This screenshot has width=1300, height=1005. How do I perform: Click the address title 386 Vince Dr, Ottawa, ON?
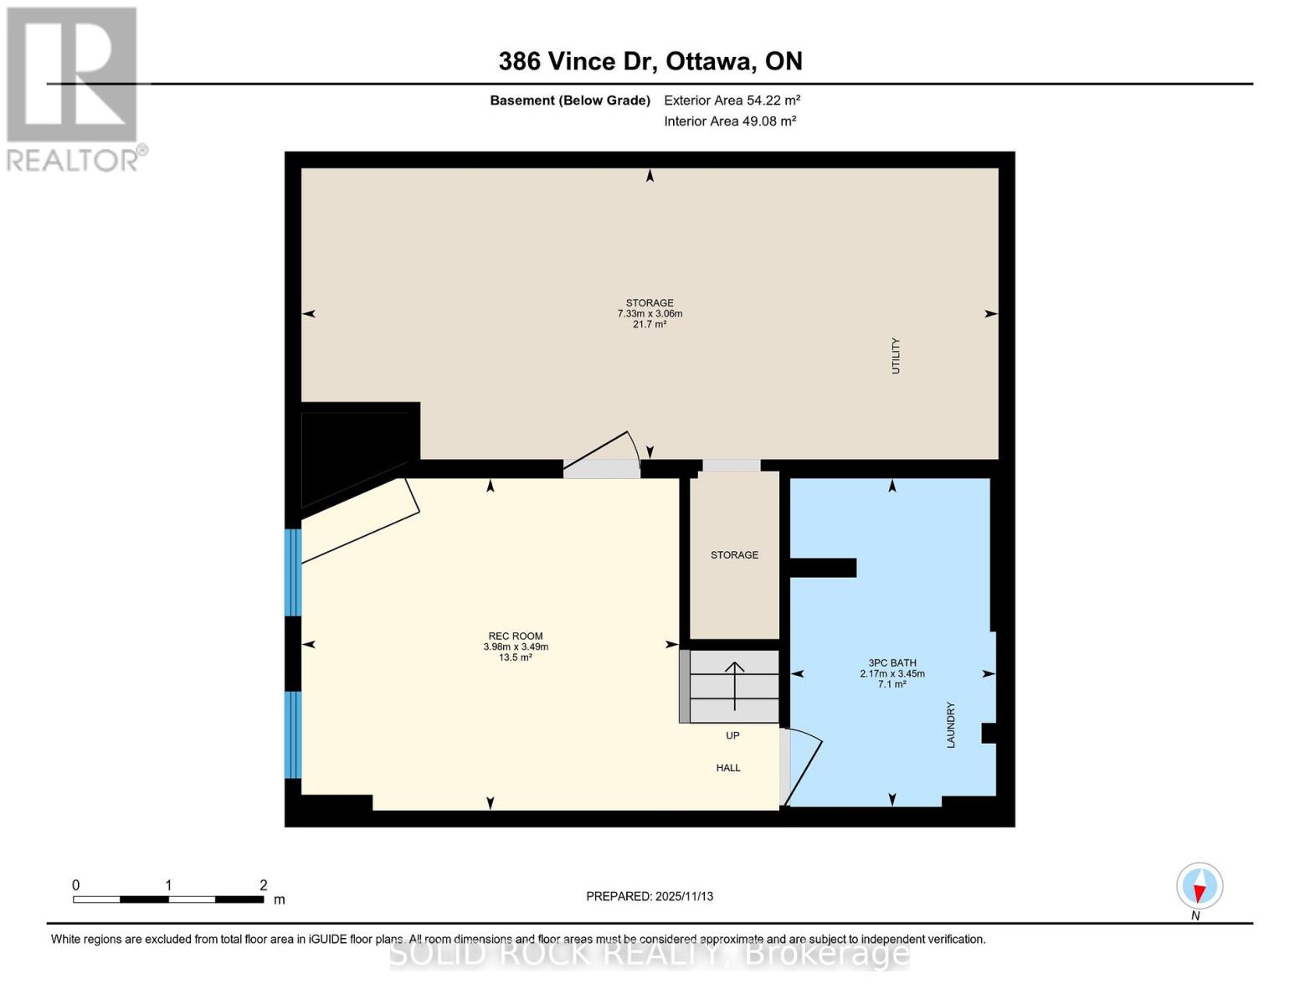click(650, 61)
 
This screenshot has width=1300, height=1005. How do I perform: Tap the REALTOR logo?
click(74, 89)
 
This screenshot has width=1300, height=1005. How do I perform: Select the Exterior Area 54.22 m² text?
click(732, 100)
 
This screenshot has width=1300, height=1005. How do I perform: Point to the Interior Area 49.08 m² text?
click(729, 121)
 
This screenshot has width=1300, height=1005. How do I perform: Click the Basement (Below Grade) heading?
click(569, 100)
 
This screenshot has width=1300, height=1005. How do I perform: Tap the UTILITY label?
click(896, 356)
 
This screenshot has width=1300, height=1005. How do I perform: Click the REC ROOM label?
click(516, 636)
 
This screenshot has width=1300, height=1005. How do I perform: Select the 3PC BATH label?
click(892, 662)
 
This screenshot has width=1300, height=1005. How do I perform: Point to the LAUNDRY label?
click(951, 724)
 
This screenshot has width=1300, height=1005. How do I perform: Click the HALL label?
click(727, 768)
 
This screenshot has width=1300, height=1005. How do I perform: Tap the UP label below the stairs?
click(732, 736)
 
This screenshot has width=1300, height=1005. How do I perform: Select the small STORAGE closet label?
click(734, 555)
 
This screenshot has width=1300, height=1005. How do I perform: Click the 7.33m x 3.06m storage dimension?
click(650, 314)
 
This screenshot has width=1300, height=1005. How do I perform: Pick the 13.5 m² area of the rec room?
click(516, 657)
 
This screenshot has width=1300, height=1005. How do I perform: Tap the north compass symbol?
click(1200, 886)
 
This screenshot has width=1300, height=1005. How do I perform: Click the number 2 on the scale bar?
click(263, 885)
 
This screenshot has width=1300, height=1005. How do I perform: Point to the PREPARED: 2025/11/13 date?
click(650, 896)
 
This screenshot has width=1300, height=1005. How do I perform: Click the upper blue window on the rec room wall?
click(293, 572)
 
